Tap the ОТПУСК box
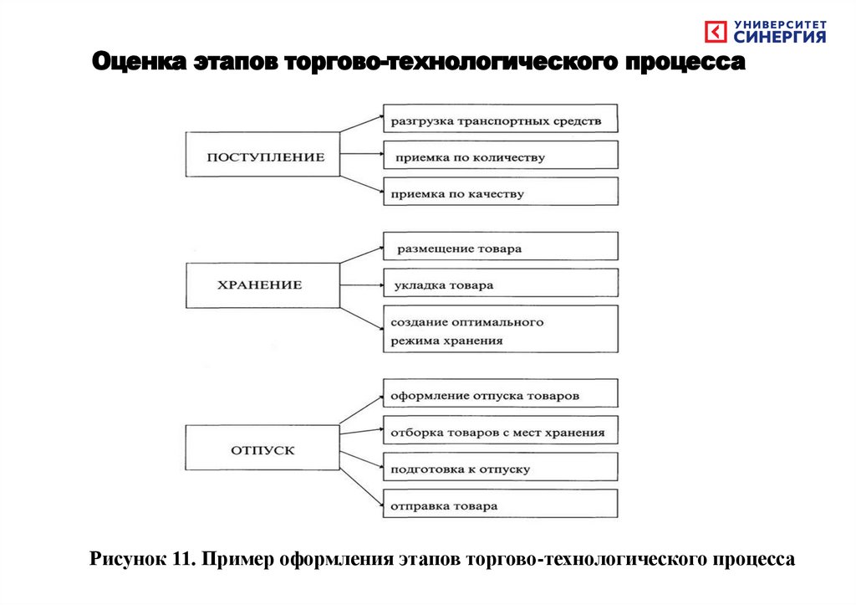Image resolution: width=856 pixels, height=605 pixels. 262,449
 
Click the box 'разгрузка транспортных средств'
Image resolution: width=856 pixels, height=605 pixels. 500,119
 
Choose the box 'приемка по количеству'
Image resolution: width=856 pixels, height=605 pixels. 500,155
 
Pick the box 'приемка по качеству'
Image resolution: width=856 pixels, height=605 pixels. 500,192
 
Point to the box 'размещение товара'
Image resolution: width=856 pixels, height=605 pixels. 500,247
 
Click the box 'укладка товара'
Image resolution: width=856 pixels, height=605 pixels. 500,284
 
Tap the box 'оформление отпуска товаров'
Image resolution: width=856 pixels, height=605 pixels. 500,393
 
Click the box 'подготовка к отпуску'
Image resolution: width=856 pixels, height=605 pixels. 500,468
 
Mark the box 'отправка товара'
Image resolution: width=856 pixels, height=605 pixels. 500,504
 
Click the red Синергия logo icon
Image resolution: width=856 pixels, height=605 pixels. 716,32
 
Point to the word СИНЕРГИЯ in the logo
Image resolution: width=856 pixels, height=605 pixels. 780,37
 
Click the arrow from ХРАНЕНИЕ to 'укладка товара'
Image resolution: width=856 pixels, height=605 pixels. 361,285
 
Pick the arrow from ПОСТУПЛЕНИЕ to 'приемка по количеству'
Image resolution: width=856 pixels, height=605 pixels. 361,155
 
